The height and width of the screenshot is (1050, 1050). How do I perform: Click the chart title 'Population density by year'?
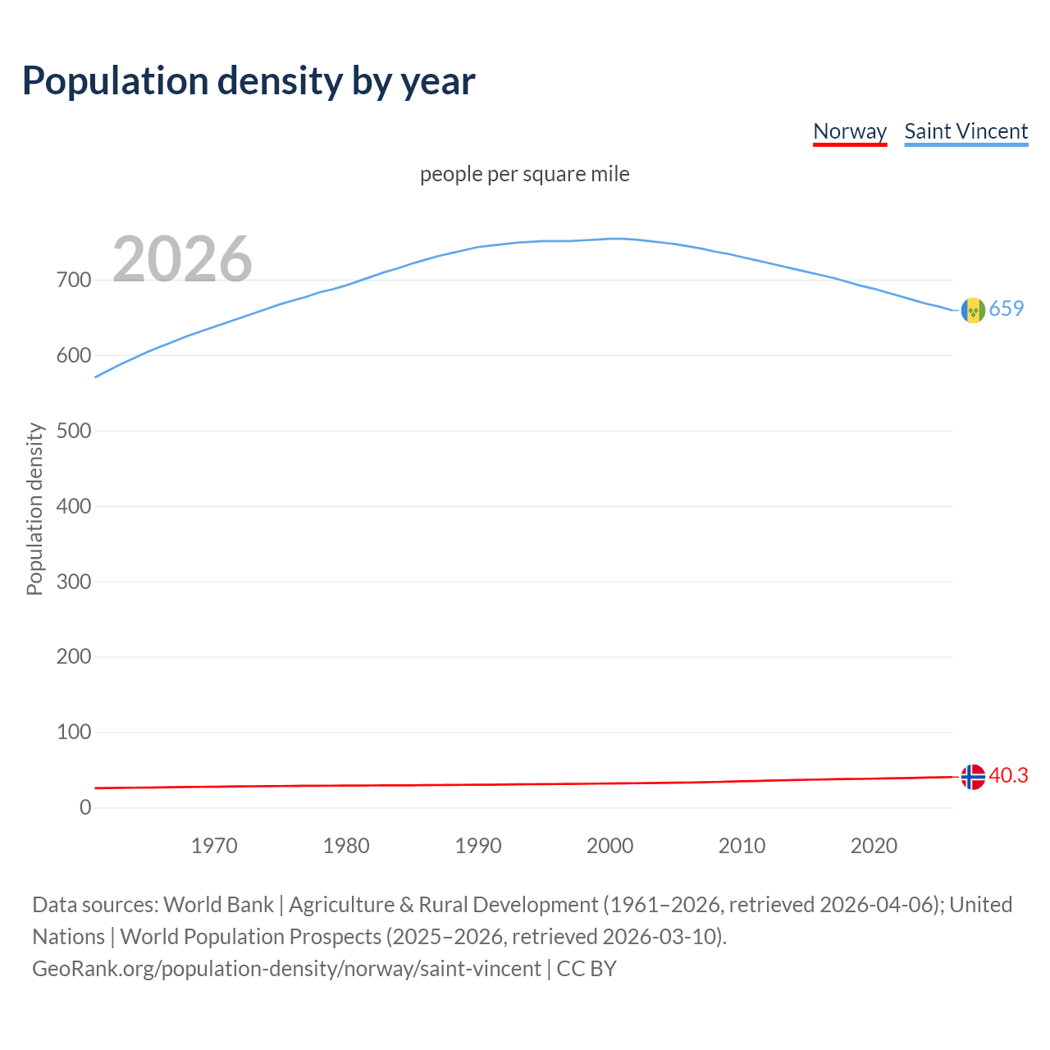click(x=249, y=80)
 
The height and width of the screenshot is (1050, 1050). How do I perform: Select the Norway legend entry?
click(x=850, y=131)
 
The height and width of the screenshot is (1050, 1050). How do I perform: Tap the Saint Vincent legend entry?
click(x=966, y=131)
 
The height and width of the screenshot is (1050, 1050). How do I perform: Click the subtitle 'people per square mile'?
click(x=525, y=174)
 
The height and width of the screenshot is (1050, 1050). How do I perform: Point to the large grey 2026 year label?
click(x=182, y=258)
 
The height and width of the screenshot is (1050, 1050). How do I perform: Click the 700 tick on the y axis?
click(x=74, y=280)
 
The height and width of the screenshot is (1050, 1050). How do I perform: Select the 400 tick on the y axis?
click(x=74, y=506)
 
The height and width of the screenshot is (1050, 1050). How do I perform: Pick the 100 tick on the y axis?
click(x=74, y=732)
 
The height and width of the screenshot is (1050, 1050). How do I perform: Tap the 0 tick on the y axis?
click(x=85, y=807)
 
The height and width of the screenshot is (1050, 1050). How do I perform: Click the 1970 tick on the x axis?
click(x=214, y=846)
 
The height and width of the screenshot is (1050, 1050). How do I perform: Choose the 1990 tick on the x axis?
click(x=478, y=846)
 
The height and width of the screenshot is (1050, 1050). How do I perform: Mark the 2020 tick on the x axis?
click(x=874, y=846)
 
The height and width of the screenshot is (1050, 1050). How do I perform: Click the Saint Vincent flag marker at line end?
click(x=973, y=310)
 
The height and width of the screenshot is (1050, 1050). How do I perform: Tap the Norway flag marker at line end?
click(x=973, y=777)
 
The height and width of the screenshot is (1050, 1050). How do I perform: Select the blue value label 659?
click(x=1007, y=308)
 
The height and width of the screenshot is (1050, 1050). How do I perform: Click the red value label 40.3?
click(x=1008, y=775)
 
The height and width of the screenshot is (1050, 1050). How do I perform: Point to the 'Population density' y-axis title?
click(x=34, y=509)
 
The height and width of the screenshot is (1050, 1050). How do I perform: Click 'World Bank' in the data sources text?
click(x=218, y=905)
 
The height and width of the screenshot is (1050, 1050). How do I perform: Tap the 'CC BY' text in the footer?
click(x=587, y=969)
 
